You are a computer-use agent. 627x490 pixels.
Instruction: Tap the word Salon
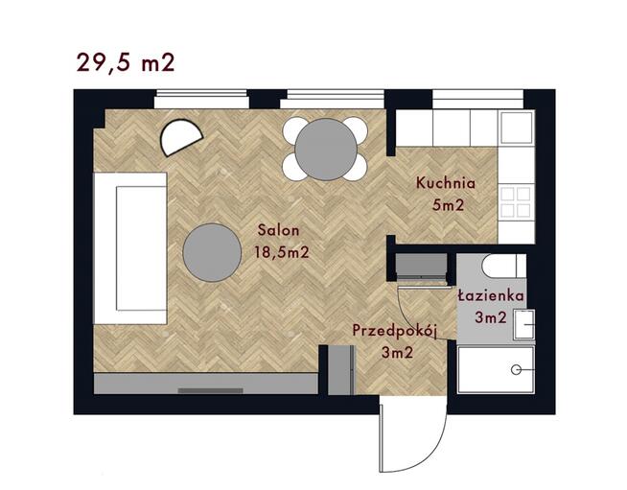point(279,230)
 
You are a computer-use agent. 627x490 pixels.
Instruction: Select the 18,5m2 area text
point(281,252)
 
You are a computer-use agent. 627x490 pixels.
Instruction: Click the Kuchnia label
point(445,183)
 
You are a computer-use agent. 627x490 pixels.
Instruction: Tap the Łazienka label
point(490,296)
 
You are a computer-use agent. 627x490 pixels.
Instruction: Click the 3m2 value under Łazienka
point(490,317)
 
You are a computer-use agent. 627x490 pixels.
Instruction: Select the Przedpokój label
point(394,330)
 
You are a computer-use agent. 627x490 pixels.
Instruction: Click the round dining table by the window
point(326,148)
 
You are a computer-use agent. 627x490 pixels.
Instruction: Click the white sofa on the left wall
point(131,246)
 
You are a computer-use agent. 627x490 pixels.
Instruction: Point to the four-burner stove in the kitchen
point(517,200)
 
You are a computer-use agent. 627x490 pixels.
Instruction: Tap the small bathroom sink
point(523,326)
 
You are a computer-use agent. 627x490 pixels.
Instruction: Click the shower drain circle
point(517,369)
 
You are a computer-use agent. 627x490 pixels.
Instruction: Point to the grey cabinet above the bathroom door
point(422,266)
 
